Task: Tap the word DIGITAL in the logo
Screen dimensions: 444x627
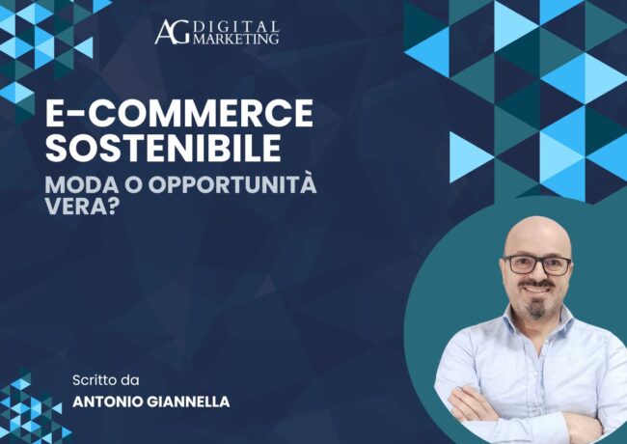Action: pyautogui.click(x=236, y=26)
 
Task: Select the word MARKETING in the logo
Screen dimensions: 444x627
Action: pyautogui.click(x=236, y=39)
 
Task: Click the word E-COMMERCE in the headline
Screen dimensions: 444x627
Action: pyautogui.click(x=180, y=115)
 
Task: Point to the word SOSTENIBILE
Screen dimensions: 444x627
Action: pyautogui.click(x=164, y=149)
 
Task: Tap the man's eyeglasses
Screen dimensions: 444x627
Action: pyautogui.click(x=537, y=264)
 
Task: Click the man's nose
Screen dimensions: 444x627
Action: pyautogui.click(x=537, y=274)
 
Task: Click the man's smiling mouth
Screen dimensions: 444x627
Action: pyautogui.click(x=537, y=289)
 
